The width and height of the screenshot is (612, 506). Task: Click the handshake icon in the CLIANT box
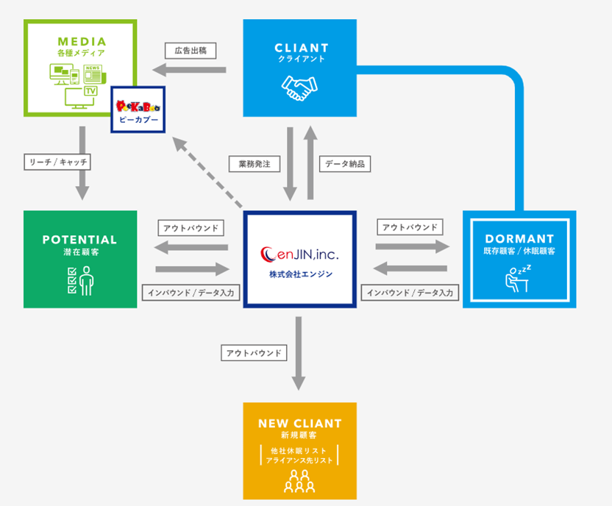[300, 88]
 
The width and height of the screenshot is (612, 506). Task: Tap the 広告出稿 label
[191, 51]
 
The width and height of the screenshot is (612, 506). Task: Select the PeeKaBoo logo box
[138, 110]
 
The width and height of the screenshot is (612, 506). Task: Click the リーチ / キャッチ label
[57, 162]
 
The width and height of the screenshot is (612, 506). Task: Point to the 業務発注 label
[255, 164]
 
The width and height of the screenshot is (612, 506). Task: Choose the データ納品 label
[345, 164]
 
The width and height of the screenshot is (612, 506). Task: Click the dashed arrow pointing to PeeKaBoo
[207, 172]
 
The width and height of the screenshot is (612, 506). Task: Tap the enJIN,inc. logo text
[300, 254]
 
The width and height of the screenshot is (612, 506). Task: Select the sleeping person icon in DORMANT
[518, 278]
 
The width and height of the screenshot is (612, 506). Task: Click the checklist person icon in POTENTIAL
[80, 281]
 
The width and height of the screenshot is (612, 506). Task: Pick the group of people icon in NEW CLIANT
[299, 481]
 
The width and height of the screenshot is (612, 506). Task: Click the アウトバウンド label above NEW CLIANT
[254, 353]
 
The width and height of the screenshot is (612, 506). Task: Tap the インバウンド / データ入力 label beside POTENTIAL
[191, 293]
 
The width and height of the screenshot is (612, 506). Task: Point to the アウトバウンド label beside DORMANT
[410, 227]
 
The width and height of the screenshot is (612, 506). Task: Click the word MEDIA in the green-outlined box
[82, 41]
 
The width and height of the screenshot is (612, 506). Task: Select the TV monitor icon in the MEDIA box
[81, 98]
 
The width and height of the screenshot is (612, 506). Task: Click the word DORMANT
[519, 239]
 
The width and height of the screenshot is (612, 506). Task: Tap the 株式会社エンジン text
[301, 274]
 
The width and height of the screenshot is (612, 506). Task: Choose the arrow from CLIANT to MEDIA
[189, 70]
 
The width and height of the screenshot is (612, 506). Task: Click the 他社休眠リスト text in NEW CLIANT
[299, 451]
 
